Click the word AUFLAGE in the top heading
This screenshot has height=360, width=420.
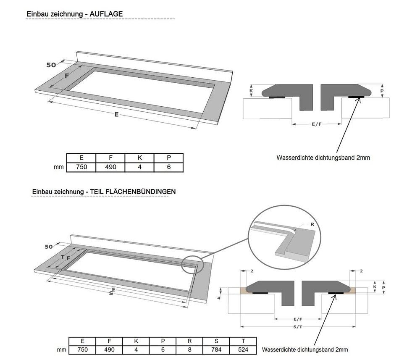[x=106, y=14]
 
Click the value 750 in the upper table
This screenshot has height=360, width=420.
[x=81, y=167]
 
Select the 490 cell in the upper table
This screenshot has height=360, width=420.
[x=110, y=167]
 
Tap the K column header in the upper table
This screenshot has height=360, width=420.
[x=139, y=158]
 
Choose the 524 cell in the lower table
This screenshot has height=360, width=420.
[x=243, y=349]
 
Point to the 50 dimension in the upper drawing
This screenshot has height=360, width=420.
[x=51, y=65]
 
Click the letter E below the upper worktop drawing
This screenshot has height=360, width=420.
[x=116, y=114]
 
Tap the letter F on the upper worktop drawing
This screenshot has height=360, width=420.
[x=66, y=76]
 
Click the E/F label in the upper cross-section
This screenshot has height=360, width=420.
[x=317, y=124]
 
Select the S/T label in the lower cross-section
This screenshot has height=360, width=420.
[x=297, y=326]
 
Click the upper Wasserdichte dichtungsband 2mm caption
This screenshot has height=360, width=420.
[x=323, y=158]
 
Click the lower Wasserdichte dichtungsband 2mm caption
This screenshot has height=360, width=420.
[x=304, y=349]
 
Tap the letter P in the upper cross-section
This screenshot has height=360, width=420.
[x=382, y=91]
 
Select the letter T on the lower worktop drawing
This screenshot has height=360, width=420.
[x=62, y=257]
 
